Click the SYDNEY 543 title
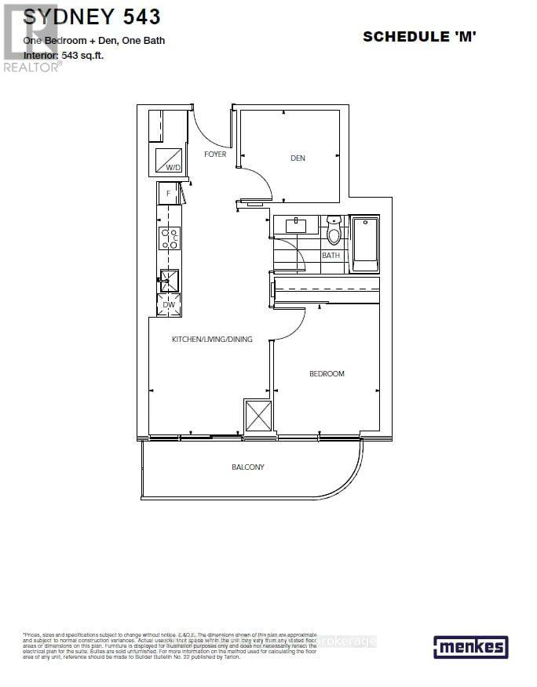(92, 16)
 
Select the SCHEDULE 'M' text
(419, 37)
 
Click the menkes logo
(470, 647)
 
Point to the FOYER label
(215, 154)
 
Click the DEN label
(298, 158)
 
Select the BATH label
(331, 256)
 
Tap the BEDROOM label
(327, 374)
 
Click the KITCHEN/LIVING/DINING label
(212, 340)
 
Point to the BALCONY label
(247, 467)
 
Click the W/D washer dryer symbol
(169, 162)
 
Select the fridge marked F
(168, 193)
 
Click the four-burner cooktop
(170, 238)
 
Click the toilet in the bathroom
(334, 231)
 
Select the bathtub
(365, 245)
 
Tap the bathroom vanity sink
(296, 226)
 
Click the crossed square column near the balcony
(258, 416)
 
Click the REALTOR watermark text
(32, 67)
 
